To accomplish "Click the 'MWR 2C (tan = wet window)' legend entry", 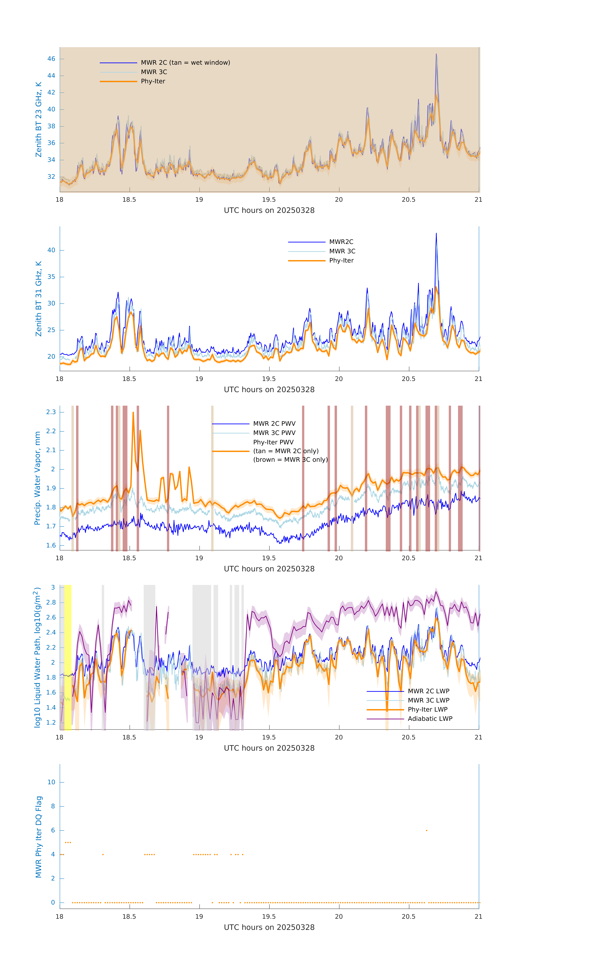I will point(185,63).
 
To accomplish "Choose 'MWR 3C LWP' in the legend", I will point(428,700).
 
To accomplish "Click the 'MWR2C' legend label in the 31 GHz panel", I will point(341,242).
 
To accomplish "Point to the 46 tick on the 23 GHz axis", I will point(51,59).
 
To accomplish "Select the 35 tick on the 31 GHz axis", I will point(51,277).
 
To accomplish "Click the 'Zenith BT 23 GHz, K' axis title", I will point(39,119).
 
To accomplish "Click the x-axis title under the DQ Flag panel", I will point(269,927).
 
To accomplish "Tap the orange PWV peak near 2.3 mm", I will point(133,413).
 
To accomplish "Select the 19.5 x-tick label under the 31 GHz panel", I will point(269,379).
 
